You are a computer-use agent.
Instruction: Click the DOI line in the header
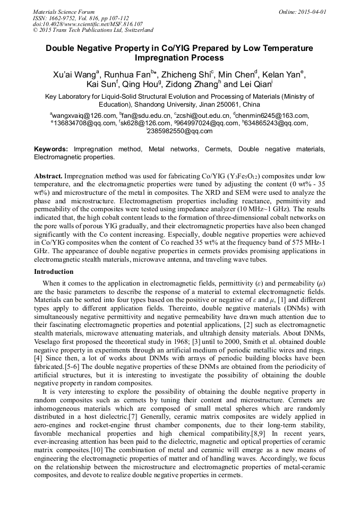(x=88, y=24)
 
